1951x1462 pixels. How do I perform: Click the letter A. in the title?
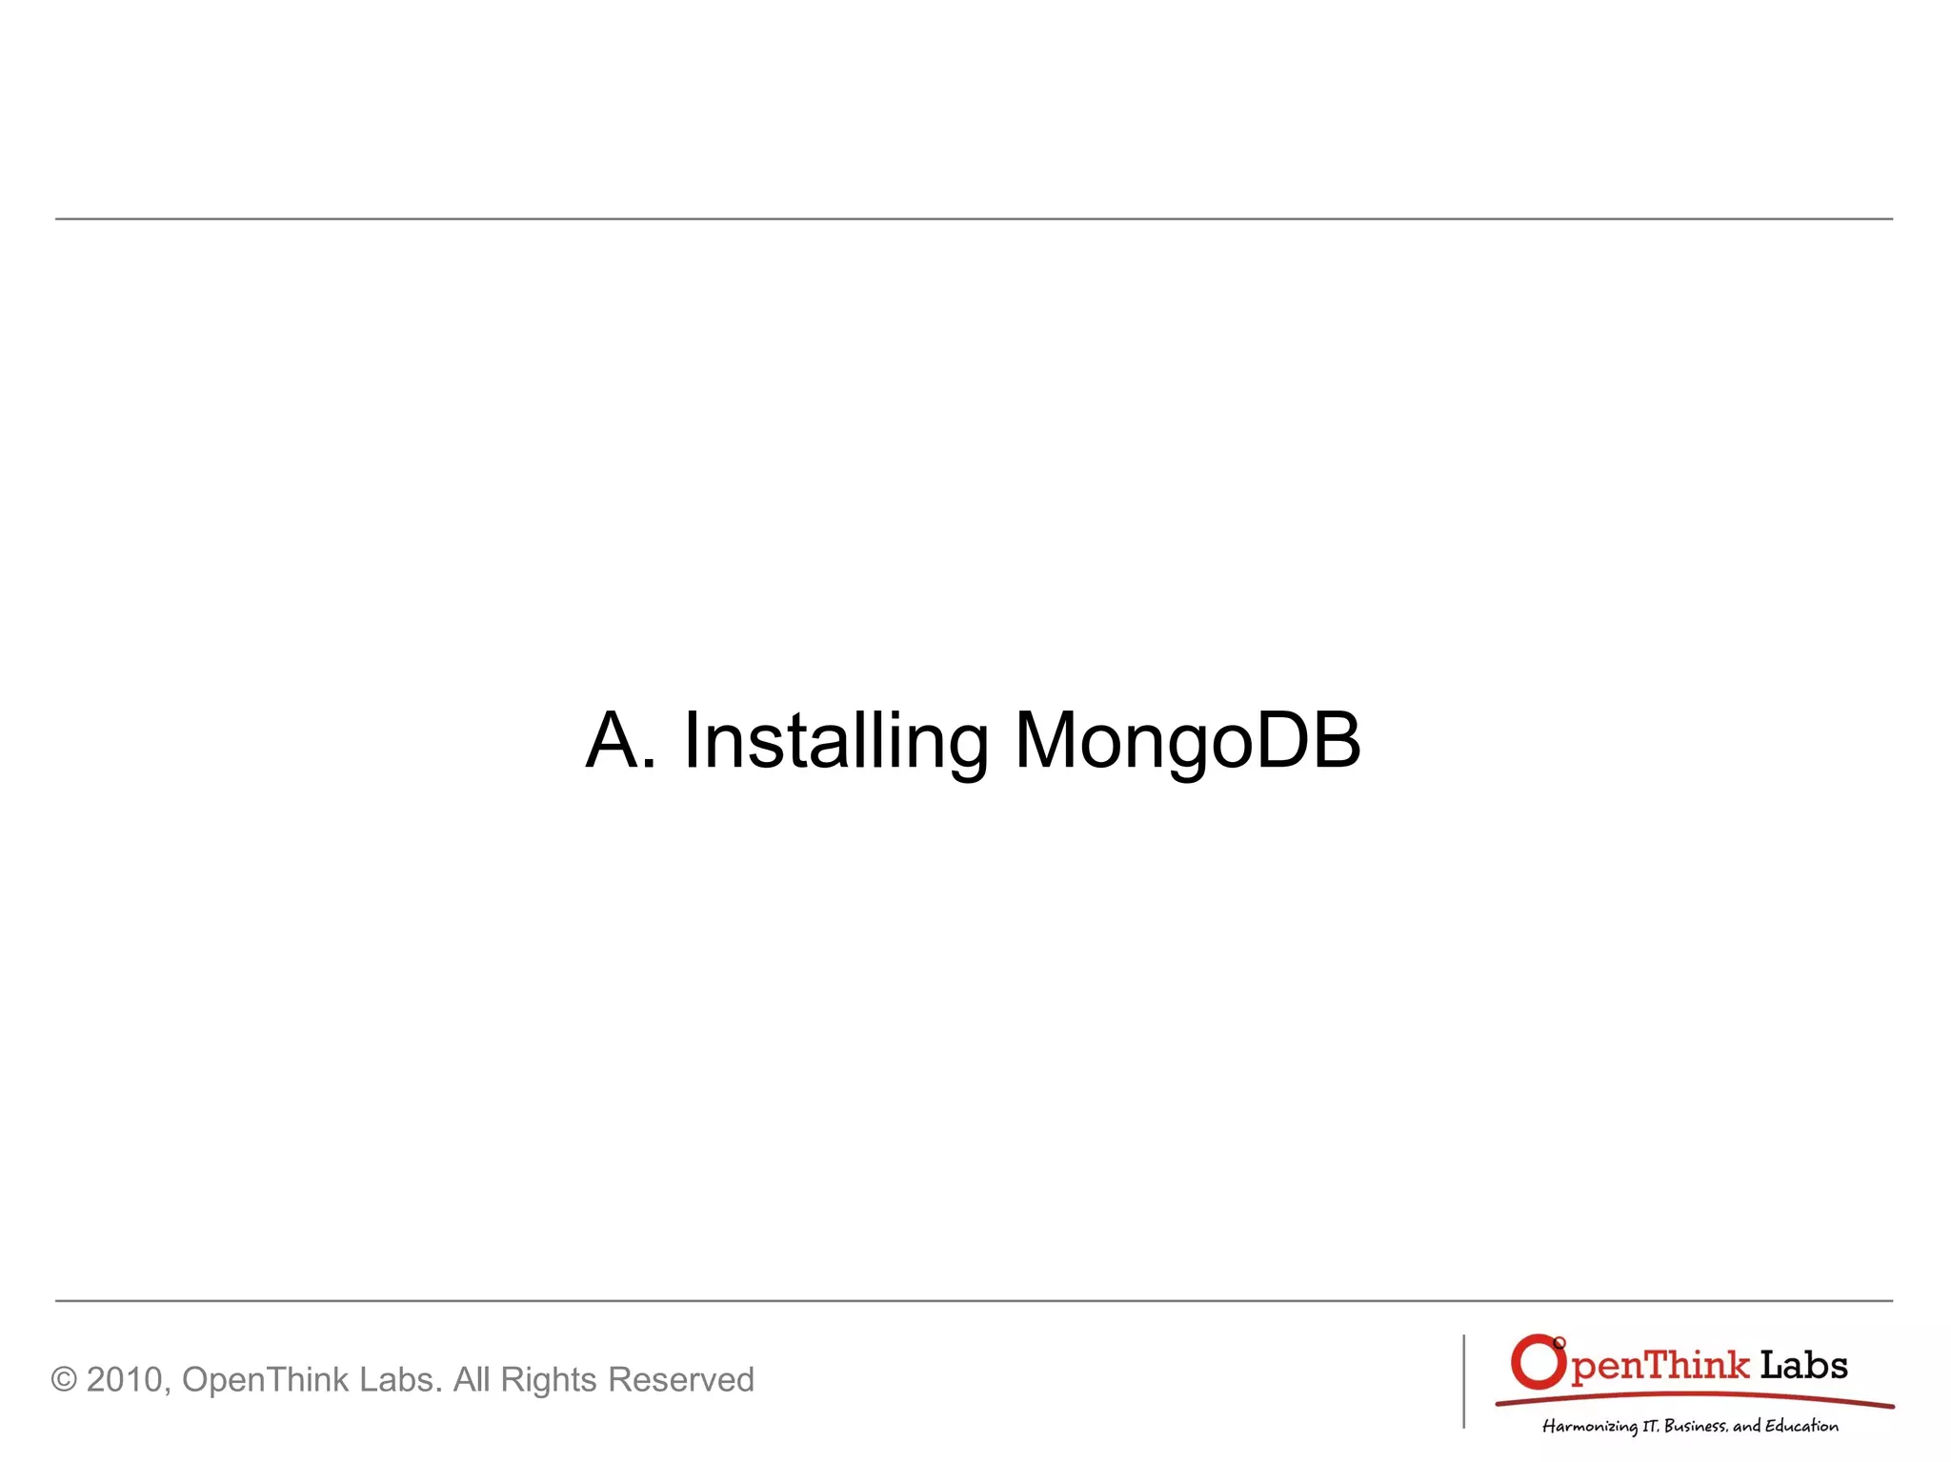620,740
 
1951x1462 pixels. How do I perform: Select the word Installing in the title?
835,742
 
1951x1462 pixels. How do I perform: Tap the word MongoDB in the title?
1187,742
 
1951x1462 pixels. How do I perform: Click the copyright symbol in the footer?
64,1380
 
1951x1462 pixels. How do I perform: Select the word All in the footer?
472,1379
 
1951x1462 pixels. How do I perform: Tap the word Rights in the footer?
549,1380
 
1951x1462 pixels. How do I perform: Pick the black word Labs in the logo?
1803,1366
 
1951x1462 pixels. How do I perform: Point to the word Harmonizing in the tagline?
1589,1426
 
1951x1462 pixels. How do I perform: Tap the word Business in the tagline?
1695,1426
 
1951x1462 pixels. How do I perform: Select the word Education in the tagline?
1801,1426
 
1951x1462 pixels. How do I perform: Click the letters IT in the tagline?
1650,1426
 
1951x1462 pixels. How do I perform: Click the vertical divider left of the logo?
1463,1381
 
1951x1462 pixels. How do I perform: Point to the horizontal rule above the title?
974,219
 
